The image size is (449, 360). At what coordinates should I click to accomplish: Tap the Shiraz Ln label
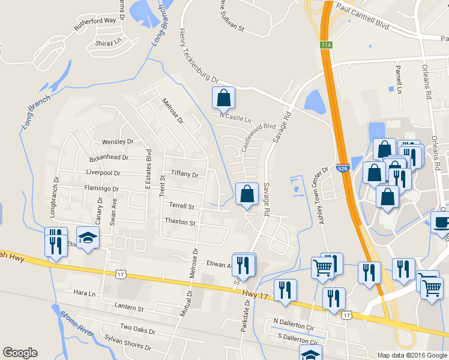click(x=108, y=43)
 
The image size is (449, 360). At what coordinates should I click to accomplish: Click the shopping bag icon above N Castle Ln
click(x=223, y=97)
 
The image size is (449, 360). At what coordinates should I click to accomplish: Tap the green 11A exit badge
click(x=326, y=44)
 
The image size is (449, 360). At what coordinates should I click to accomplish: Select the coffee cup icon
click(x=441, y=222)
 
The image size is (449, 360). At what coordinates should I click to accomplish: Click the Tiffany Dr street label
click(x=184, y=174)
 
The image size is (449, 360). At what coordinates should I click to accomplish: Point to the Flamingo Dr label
click(x=101, y=188)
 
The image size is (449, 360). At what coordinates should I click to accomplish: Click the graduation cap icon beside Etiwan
click(x=88, y=238)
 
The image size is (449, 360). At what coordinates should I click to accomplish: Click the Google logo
click(x=20, y=353)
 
